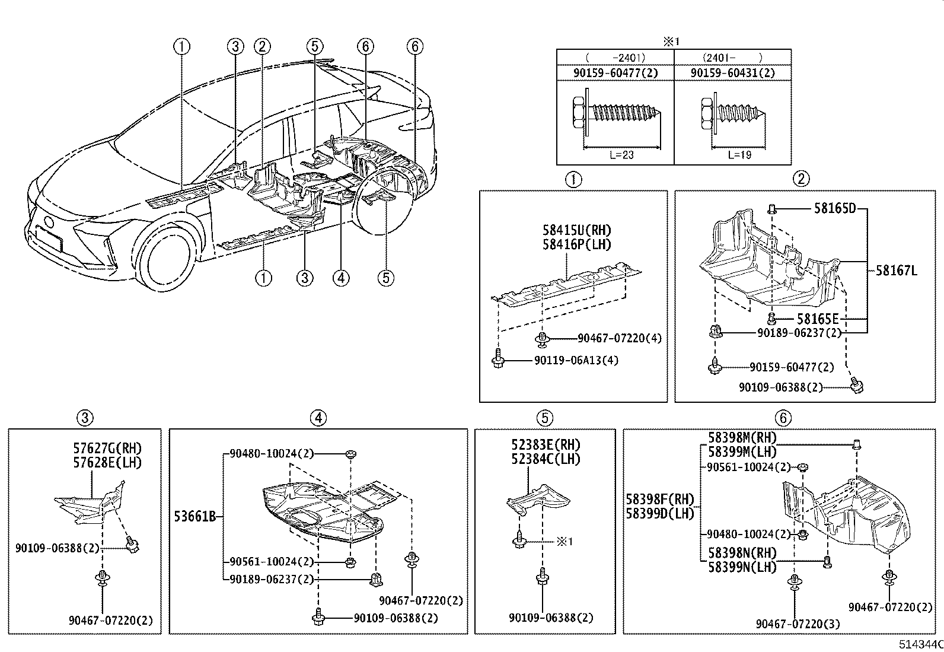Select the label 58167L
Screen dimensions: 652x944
tap(896, 271)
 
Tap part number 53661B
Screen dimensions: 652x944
tap(194, 517)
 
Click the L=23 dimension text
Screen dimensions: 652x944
tap(621, 155)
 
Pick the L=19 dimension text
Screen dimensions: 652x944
tap(739, 155)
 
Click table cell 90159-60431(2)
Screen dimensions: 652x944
tap(732, 73)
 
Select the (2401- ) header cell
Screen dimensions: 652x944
tap(732, 58)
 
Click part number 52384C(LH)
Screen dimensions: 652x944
tap(546, 459)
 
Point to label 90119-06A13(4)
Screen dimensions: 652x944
tap(576, 360)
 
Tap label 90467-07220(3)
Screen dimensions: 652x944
tap(798, 624)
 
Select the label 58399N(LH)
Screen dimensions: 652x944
tap(742, 567)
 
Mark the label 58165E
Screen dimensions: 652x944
tap(818, 319)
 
